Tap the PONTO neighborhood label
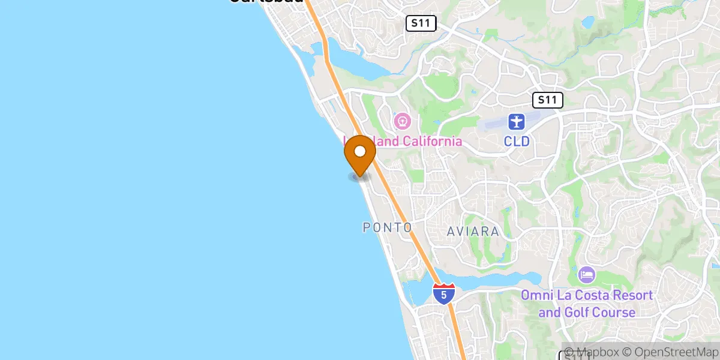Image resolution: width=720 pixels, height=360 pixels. coord(388,228)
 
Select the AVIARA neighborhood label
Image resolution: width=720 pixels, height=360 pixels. coord(473,231)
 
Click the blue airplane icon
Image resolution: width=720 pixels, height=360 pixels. coord(516,122)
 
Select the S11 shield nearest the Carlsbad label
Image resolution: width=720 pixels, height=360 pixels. coord(421,24)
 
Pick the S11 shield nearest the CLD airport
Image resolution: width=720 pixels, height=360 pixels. coord(547,100)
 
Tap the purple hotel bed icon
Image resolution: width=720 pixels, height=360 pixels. coord(587,275)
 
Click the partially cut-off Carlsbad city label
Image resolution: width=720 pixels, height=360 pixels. coord(266,2)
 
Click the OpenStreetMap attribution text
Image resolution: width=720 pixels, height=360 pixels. coord(670,352)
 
